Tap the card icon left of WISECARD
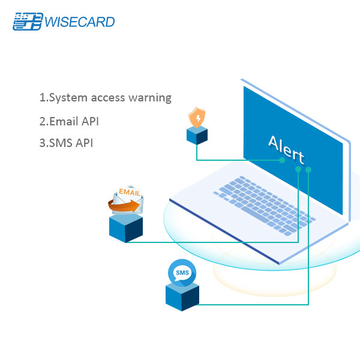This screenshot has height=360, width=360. pos(28,22)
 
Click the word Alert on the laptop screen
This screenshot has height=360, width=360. pos(286,150)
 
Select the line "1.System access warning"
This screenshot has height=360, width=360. pos(106,97)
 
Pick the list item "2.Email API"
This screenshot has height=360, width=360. pos(69,121)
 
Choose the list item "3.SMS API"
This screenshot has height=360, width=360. pos(66,143)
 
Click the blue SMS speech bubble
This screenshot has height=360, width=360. pos(182,273)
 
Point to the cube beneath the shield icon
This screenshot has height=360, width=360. pos(196,136)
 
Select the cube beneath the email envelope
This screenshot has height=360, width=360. pos(126,228)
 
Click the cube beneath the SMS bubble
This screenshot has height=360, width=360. pos(182,296)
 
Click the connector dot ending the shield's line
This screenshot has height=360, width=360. pos(282,160)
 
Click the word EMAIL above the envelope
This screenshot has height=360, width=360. pos(130,192)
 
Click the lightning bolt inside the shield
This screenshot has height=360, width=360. pos(196,118)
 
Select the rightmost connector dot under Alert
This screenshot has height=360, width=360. pos(308,170)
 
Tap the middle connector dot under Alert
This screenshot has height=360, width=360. pos(298,169)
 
